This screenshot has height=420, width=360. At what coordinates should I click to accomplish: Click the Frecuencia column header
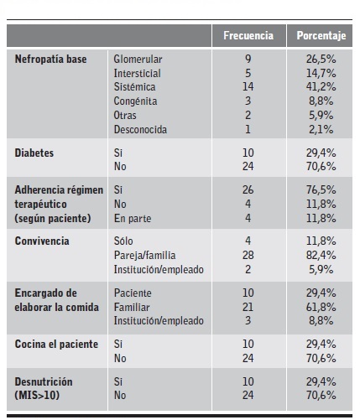coord(248,36)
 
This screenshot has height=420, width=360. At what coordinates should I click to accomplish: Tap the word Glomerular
coord(138,60)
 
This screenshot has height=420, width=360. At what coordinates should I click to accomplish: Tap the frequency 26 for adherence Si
coord(248,189)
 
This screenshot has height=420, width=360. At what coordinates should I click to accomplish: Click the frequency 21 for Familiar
coord(248,307)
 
